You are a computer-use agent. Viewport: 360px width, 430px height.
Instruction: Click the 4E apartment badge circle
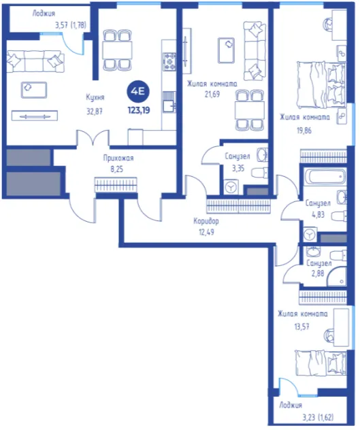point(138,92)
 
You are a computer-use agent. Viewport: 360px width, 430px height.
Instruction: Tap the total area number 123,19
point(139,110)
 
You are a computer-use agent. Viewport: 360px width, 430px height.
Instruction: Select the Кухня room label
point(95,97)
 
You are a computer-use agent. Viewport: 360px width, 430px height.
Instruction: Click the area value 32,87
point(95,112)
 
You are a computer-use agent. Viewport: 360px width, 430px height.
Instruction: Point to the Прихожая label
point(118,159)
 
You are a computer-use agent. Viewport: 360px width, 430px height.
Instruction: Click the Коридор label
point(206,221)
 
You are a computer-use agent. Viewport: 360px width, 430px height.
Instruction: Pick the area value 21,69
point(212,95)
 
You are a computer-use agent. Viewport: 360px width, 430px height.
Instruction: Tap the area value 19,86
point(304,131)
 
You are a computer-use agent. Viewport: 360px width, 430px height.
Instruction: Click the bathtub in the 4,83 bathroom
point(325,176)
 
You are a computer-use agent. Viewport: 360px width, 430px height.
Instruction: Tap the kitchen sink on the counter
point(169,102)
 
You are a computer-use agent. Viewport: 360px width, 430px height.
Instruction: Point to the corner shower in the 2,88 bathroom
point(337,276)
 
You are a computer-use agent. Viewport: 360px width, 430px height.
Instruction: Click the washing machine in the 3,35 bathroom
point(231,187)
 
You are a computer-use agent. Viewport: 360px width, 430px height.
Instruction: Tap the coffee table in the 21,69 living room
point(226,50)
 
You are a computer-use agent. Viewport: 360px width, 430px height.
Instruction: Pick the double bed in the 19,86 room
point(321,85)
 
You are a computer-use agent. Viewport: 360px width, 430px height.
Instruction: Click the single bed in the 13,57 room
point(321,363)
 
